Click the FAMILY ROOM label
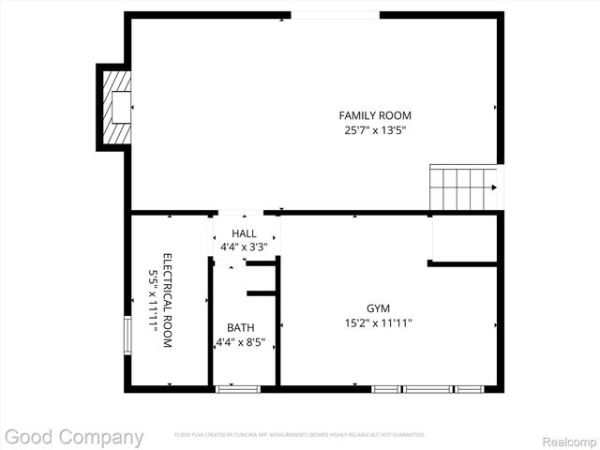(x=375, y=115)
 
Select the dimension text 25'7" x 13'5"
(x=375, y=131)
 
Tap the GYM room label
(x=378, y=307)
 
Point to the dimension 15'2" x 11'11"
(x=378, y=322)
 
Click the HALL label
(x=244, y=233)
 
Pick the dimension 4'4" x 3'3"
(x=244, y=247)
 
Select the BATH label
(x=240, y=327)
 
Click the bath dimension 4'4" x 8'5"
(x=240, y=342)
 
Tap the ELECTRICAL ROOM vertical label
(x=168, y=301)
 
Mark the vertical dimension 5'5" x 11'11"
(x=153, y=301)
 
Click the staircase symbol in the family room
(x=464, y=187)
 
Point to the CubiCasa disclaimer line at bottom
(x=299, y=435)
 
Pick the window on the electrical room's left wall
(x=128, y=336)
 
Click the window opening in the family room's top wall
(x=335, y=15)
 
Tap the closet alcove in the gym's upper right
(x=464, y=238)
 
